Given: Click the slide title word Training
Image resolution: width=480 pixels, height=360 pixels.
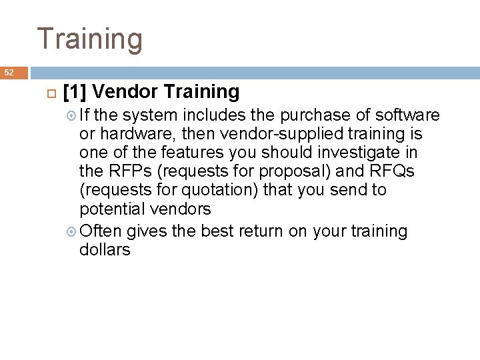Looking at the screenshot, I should [x=89, y=39].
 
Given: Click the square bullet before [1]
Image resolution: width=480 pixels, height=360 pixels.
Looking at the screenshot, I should [x=47, y=91].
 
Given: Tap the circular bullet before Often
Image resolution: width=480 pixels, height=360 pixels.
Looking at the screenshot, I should [x=72, y=231].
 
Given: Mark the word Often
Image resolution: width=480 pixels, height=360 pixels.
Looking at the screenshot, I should [x=99, y=231].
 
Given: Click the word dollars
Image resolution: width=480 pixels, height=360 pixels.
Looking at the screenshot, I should [x=105, y=250].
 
